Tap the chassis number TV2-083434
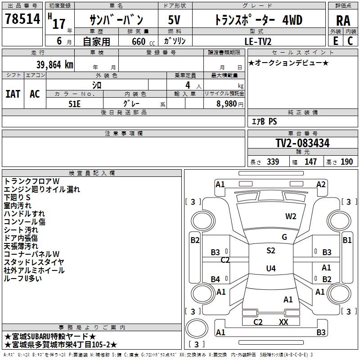click(x=302, y=143)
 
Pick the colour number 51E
click(x=75, y=103)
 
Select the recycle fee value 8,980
click(x=224, y=103)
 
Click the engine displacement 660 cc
click(x=139, y=41)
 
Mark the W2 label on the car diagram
click(x=291, y=216)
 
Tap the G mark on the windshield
click(x=284, y=237)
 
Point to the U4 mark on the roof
click(x=270, y=269)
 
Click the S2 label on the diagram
click(x=270, y=251)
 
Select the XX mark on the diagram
click(x=283, y=322)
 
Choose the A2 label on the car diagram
click(x=321, y=184)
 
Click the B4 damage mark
click(x=216, y=279)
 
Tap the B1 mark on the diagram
click(x=347, y=240)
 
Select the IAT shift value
click(x=13, y=94)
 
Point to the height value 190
click(x=346, y=162)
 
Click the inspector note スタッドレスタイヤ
click(x=34, y=262)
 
